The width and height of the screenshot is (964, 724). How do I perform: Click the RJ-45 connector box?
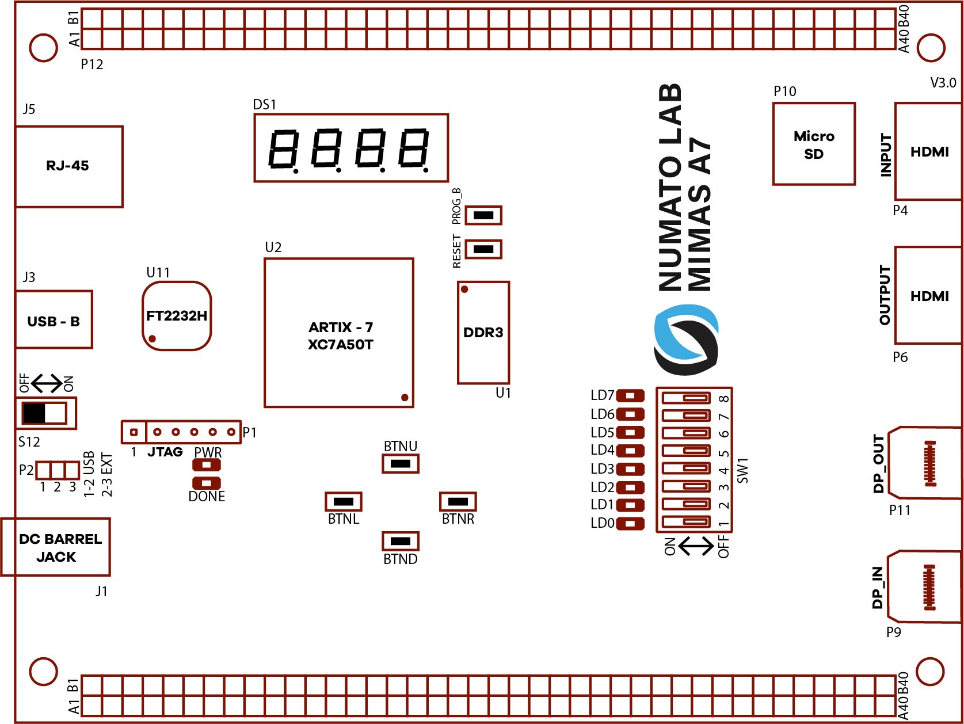point(68,166)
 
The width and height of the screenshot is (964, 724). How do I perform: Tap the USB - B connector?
point(54,320)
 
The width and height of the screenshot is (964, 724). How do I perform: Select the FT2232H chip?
point(177,316)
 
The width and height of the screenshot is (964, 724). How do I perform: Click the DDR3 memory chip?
point(483,333)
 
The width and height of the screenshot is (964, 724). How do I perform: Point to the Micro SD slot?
point(814,144)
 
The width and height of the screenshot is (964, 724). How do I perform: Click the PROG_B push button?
point(483,215)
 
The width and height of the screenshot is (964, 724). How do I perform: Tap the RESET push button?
point(483,249)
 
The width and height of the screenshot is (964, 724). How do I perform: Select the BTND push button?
point(401,541)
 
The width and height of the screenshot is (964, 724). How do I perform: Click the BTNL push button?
point(344,501)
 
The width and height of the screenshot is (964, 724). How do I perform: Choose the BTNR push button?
point(458,501)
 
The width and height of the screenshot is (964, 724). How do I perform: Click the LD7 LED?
point(630,396)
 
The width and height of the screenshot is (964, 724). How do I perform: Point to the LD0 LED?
point(630,524)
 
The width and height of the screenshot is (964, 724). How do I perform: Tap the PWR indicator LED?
point(207,465)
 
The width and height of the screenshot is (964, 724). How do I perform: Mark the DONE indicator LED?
point(207,483)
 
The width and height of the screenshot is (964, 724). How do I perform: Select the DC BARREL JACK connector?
point(56,547)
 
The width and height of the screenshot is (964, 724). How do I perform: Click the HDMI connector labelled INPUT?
point(928,152)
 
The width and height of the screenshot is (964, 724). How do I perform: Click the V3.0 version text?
point(943,83)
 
